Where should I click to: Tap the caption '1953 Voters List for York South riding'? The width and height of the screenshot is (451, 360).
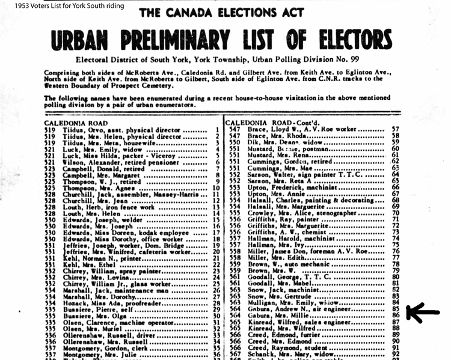click(63, 5)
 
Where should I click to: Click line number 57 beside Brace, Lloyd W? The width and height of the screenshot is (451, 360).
click(396, 129)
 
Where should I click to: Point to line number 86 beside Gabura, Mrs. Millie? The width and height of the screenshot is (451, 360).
click(396, 314)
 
